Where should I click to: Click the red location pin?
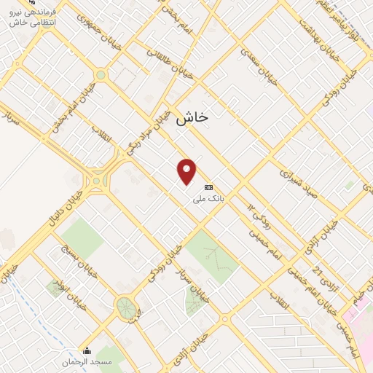187,171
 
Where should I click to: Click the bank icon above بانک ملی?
209,187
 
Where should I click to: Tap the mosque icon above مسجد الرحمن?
87,351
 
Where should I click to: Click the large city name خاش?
192,117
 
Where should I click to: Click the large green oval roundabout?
126,307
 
